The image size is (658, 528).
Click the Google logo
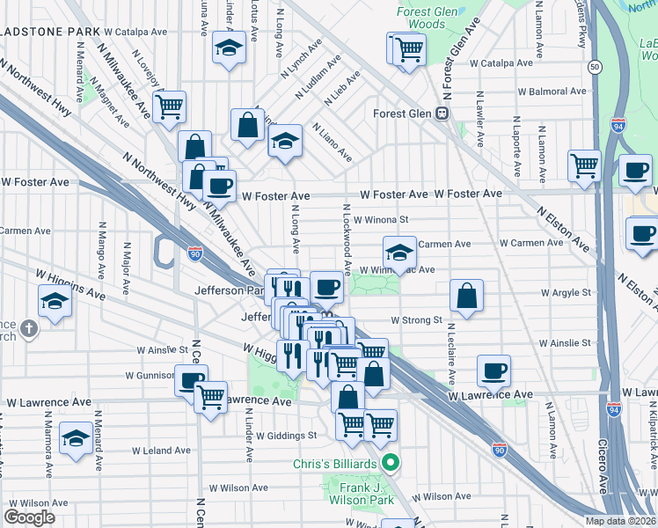click(x=30, y=517)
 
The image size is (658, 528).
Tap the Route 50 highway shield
click(x=596, y=67)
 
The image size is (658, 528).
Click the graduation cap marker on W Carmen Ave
click(x=399, y=253)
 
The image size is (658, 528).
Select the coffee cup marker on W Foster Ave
click(x=219, y=186)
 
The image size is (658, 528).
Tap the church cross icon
click(x=28, y=330)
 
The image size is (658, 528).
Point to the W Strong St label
click(x=416, y=320)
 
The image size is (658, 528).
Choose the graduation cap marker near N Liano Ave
click(x=284, y=142)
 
